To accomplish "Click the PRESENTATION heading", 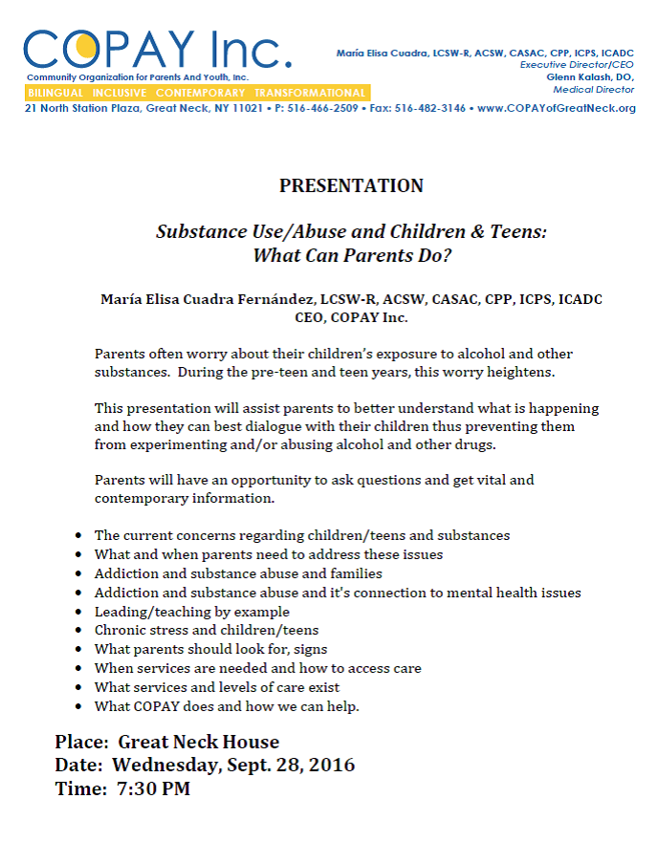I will pos(351,185).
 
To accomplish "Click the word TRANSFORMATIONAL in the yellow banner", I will pos(310,93).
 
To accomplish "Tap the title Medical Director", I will pos(593,89).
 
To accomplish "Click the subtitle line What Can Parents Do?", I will pos(351,255).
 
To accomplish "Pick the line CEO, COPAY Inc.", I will pos(351,317).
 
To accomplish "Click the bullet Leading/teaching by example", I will pos(191,612).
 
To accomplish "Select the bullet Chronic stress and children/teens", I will pos(206,630).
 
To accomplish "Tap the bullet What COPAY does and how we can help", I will pos(226,706).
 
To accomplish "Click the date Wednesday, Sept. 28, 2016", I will pos(233,765).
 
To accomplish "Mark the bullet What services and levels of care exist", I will pos(216,687).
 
